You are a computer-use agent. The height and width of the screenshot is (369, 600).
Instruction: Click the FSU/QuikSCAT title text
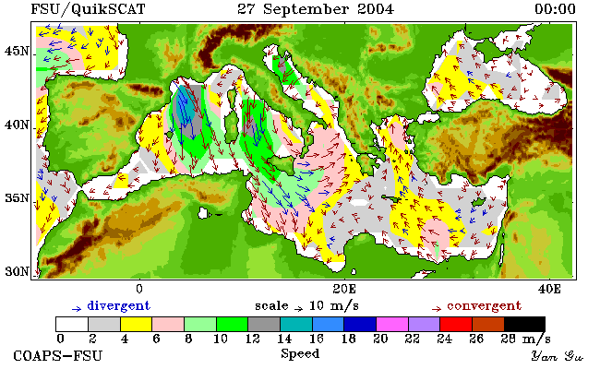point(88,9)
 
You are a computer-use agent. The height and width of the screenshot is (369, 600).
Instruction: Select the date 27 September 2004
point(316,9)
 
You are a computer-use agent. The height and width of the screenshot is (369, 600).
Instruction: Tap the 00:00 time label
point(555,9)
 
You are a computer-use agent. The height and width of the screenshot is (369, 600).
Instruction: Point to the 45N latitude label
point(18,52)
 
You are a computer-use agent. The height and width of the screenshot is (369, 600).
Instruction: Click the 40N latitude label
point(18,125)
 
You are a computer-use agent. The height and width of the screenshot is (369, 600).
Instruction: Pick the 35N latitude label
point(18,198)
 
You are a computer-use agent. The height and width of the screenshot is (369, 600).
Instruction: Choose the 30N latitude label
point(18,272)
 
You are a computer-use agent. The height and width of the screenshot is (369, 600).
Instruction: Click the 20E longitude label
point(344,289)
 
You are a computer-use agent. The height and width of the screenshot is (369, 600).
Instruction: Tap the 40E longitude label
point(549,289)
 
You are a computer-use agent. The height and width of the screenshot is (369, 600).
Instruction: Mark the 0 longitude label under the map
point(139,289)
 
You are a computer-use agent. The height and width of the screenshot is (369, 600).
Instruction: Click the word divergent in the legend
point(119,306)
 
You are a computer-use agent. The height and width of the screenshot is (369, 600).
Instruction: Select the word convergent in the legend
point(484,306)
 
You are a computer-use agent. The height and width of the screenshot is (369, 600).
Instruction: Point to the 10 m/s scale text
point(333,306)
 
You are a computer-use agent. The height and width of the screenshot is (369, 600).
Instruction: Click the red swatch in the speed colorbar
point(456,324)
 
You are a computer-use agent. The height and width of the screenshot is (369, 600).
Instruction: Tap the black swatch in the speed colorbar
point(524,324)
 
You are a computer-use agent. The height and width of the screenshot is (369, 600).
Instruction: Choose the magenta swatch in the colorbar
point(392,324)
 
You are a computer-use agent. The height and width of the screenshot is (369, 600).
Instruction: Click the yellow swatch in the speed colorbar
point(137,324)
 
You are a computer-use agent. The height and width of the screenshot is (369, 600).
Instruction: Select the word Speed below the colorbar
point(300,353)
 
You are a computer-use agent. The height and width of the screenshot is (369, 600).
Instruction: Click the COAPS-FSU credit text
point(58,355)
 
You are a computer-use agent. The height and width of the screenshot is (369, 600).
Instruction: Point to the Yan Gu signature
point(557,356)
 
